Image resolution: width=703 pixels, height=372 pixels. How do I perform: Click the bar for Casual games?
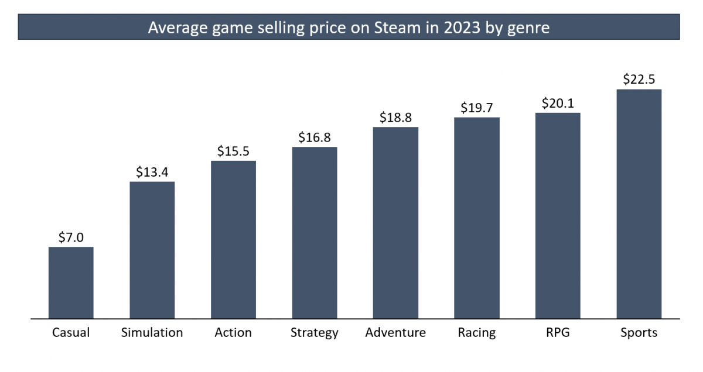click(x=71, y=283)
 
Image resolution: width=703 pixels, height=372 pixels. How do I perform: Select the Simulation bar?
click(x=152, y=250)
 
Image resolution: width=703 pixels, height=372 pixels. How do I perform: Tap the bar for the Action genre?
click(x=233, y=240)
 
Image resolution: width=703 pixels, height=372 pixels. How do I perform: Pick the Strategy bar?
click(x=315, y=233)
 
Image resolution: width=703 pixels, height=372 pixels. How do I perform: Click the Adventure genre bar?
click(x=395, y=223)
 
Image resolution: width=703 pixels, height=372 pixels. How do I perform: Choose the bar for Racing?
click(x=477, y=218)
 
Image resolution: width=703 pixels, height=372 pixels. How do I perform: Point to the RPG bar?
click(x=558, y=216)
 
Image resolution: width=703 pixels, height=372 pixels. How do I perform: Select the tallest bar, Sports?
click(x=639, y=204)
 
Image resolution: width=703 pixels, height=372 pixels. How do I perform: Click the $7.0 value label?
click(x=71, y=237)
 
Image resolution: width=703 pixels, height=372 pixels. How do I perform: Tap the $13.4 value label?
click(x=152, y=172)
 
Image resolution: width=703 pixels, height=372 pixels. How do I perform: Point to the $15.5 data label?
click(x=233, y=151)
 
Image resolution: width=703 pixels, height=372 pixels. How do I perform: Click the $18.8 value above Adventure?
click(x=395, y=118)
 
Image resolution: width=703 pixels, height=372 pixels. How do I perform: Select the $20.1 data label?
click(x=558, y=104)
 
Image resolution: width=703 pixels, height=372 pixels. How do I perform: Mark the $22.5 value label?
click(x=639, y=80)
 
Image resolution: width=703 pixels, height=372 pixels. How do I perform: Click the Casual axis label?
click(x=71, y=333)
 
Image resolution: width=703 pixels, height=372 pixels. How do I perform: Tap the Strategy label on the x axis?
click(x=315, y=333)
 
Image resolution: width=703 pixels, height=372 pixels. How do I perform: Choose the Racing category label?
click(x=477, y=333)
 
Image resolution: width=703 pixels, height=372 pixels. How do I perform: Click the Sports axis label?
click(x=639, y=333)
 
